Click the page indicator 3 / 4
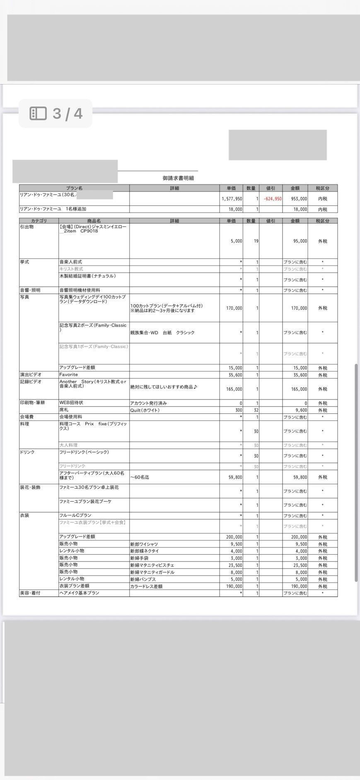pos(56,113)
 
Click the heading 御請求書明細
pos(178,178)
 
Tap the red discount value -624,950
pos(272,199)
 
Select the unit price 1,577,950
pos(232,199)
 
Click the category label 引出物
pos(27,227)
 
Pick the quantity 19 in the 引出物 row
pos(256,241)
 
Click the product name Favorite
pos(69,375)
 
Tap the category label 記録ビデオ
pos(31,382)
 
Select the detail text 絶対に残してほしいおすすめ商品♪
pos(164,387)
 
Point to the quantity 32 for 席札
pos(256,410)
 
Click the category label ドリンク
pos(27,452)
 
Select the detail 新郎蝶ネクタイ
pos(144,551)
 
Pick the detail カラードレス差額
pos(146,586)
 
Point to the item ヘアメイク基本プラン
pos(79,593)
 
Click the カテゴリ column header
pos(39,221)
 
